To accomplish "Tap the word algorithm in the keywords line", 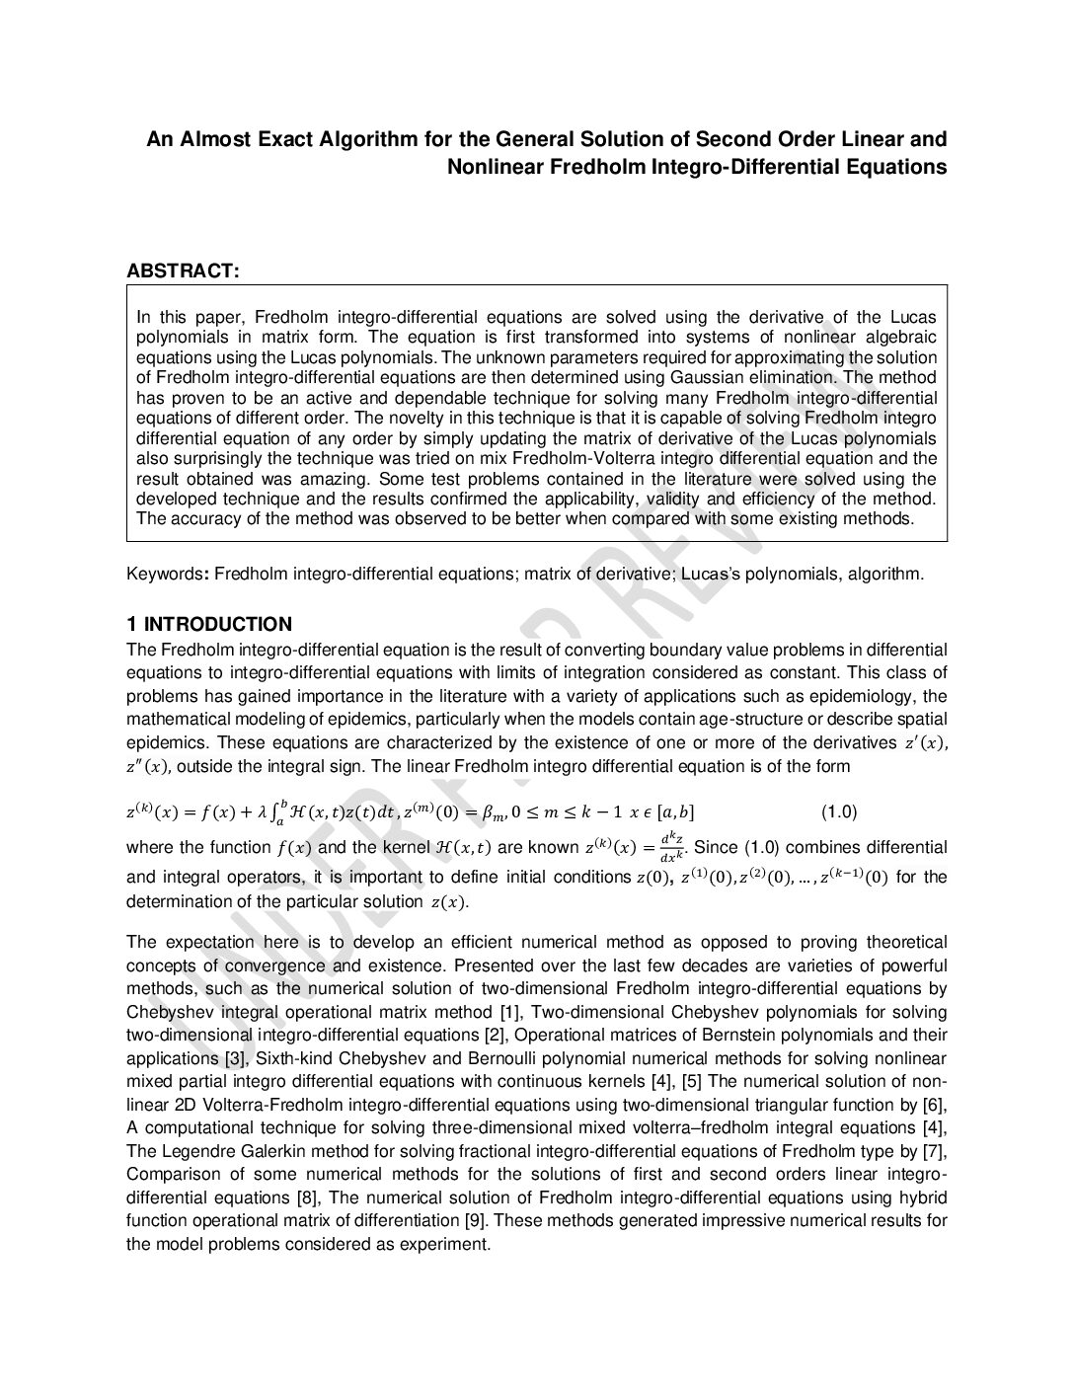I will point(883,574).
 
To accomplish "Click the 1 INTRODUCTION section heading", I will point(209,624).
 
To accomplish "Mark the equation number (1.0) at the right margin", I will point(839,812).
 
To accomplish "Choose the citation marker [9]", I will point(476,1220).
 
